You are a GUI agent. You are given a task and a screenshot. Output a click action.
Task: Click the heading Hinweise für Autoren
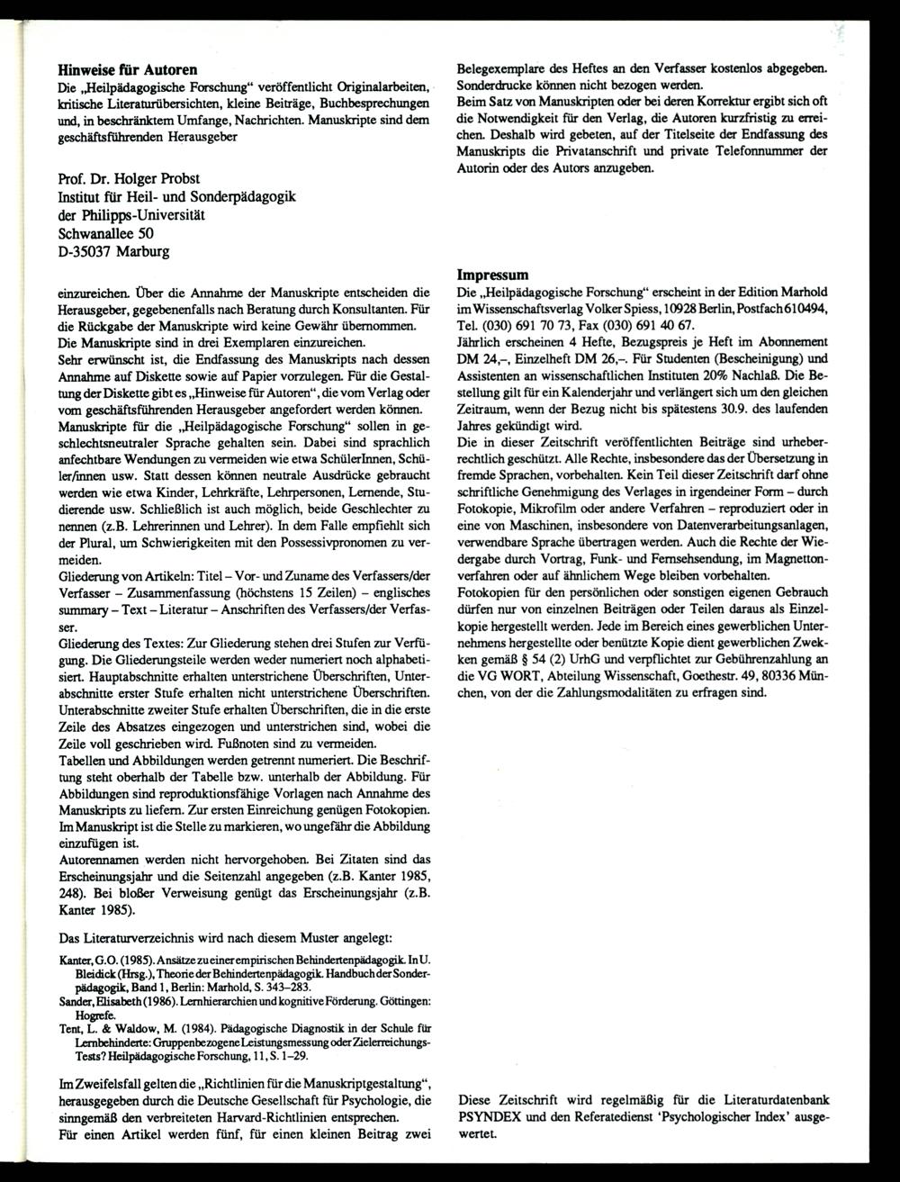click(x=128, y=68)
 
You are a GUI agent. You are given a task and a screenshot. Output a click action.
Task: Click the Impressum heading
click(x=492, y=275)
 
